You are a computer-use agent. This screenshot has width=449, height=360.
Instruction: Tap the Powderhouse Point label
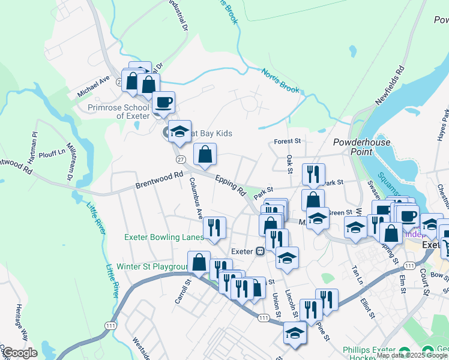click(362, 148)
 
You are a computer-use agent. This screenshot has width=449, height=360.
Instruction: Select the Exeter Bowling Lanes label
click(164, 237)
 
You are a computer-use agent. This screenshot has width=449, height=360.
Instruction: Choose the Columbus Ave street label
click(196, 197)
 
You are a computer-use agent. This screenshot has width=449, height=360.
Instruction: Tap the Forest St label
click(287, 142)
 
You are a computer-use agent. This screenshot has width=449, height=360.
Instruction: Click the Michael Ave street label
click(93, 88)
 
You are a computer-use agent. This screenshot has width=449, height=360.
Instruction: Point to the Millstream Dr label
click(70, 158)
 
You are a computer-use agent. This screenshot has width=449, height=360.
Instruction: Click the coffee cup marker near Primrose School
click(163, 103)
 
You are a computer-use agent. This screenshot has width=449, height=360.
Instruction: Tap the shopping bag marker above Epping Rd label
click(205, 154)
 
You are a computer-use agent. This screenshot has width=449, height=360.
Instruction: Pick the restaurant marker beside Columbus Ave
click(214, 227)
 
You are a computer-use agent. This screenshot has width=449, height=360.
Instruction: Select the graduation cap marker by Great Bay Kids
click(179, 133)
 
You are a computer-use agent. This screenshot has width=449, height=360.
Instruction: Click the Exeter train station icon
click(261, 251)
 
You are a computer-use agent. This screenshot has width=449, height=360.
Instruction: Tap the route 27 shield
click(181, 160)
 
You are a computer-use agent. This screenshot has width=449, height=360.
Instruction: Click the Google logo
click(20, 353)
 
